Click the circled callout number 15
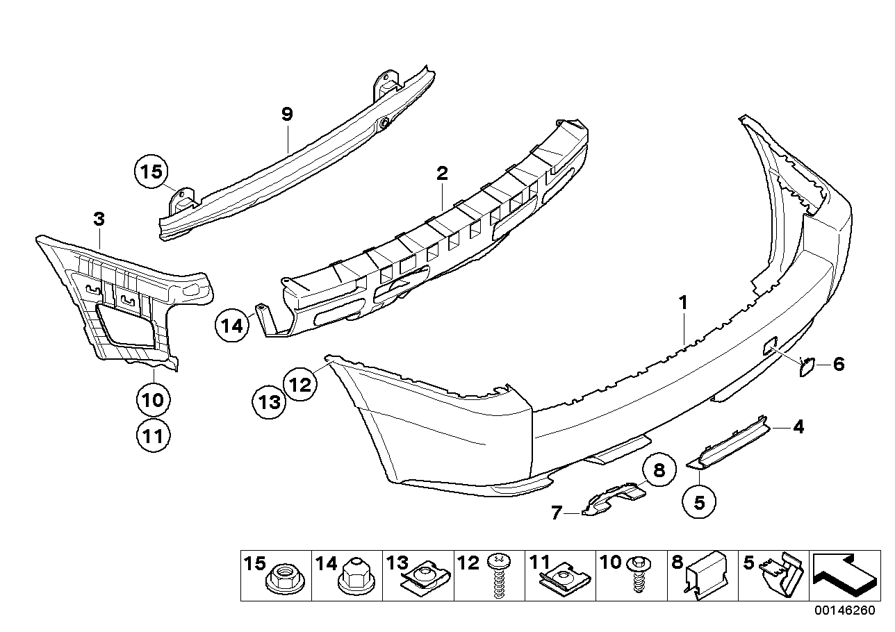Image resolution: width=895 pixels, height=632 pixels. pos(151,172)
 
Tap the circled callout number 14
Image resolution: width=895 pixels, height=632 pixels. pos(232,326)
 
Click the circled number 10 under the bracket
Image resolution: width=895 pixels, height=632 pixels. pos(153,399)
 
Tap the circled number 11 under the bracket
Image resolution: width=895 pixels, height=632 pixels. pos(153,436)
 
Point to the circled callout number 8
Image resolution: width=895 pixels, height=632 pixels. pos(659,470)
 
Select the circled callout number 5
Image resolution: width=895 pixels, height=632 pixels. pos(699,501)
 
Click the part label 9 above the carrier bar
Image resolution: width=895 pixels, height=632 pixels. pos(288,115)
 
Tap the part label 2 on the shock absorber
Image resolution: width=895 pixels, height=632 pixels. pos(442,173)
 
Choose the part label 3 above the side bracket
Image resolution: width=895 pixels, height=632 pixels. pos(99,220)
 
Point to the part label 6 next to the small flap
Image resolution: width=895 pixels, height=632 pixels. pos(839,364)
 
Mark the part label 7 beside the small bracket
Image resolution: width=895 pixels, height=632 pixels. pos(556,513)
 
